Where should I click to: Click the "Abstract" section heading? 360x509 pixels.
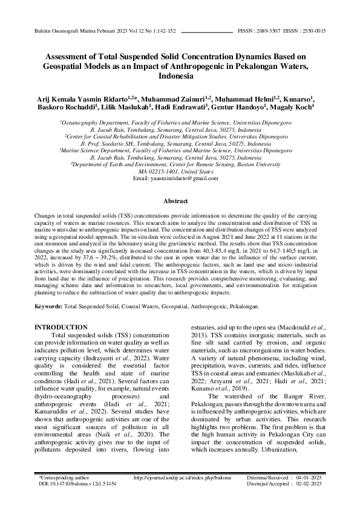pos(180,201)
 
